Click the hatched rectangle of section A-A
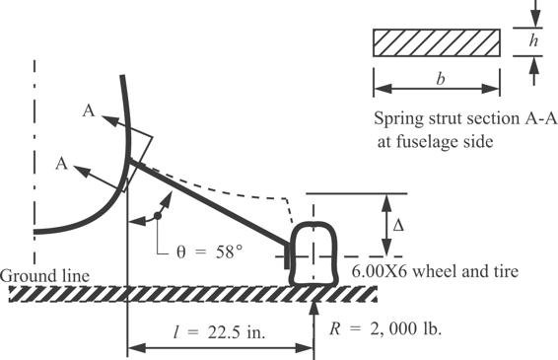tap(435, 43)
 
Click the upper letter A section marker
tap(89, 113)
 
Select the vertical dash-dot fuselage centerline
tap(35, 138)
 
